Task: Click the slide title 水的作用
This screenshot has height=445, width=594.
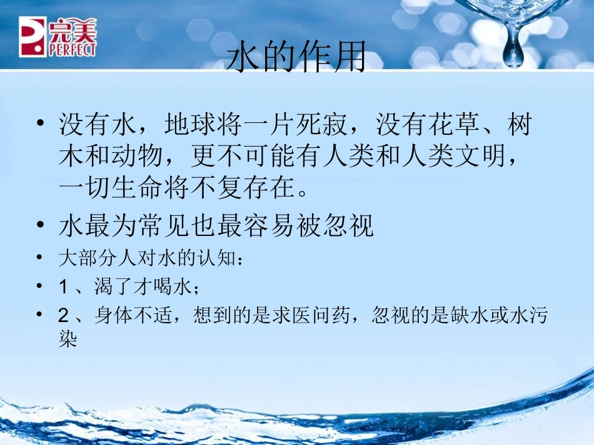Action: (295, 57)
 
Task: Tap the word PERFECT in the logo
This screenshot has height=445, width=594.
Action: (73, 50)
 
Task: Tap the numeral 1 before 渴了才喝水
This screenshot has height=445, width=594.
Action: (63, 287)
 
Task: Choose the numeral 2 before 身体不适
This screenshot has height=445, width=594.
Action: (63, 316)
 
